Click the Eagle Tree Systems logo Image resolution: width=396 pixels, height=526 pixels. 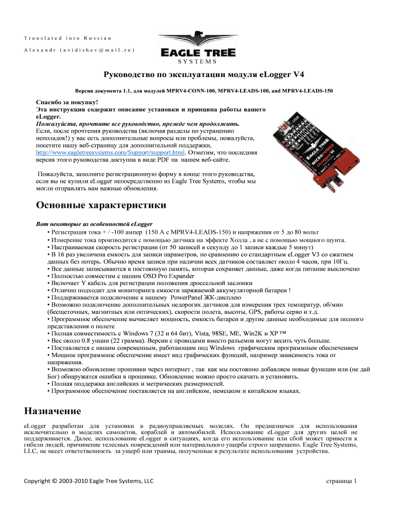point(198,49)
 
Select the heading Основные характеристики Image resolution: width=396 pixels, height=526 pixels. point(101,206)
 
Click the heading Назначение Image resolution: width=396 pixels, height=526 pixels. point(52,411)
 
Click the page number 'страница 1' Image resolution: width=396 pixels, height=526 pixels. point(341,480)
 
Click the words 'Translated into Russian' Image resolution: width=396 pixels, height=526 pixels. point(67,38)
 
